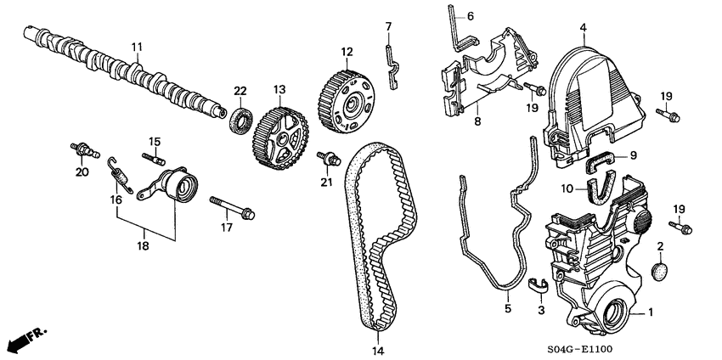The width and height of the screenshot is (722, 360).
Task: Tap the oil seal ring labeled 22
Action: pyautogui.click(x=240, y=121)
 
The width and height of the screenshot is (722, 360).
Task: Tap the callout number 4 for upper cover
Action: pyautogui.click(x=584, y=28)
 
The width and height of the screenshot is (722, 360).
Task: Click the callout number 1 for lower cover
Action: pyautogui.click(x=651, y=312)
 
